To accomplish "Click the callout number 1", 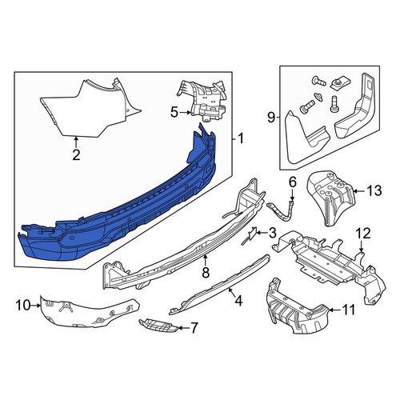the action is [x=240, y=138].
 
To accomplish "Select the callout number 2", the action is [x=76, y=155].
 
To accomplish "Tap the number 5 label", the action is [x=174, y=112].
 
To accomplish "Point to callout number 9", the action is [x=271, y=118].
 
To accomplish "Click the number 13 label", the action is [x=374, y=190].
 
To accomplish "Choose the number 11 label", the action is [x=348, y=310].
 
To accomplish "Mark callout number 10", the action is [x=23, y=306].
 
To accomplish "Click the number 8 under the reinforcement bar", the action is [x=206, y=272].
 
